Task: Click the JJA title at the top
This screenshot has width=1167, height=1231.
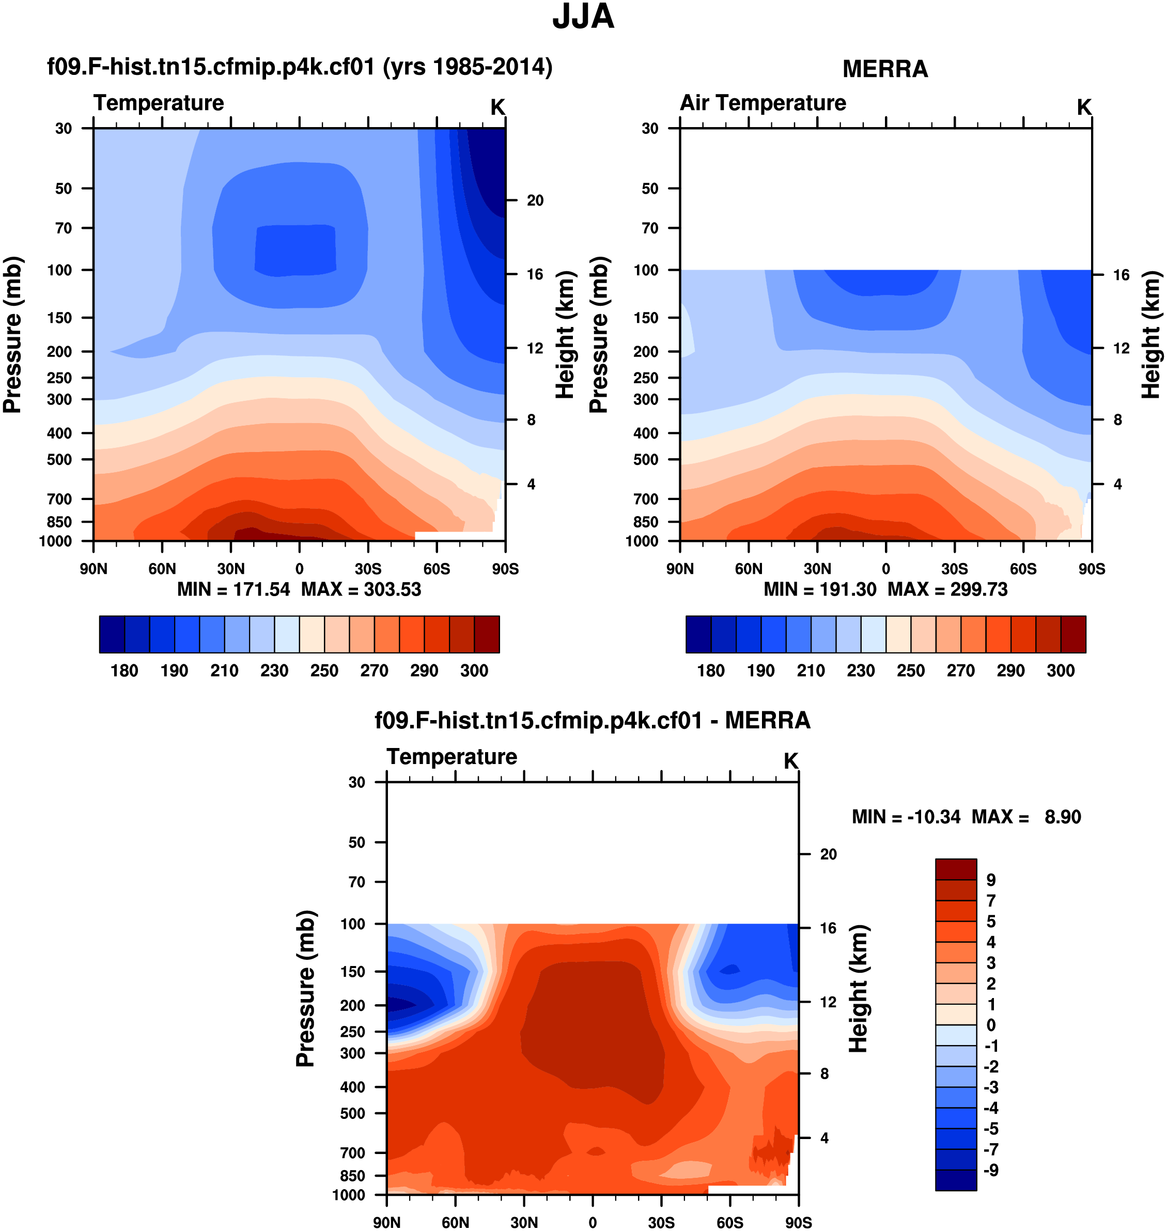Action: point(583,17)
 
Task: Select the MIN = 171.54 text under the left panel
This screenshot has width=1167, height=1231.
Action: point(234,589)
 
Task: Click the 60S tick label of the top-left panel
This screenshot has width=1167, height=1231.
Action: point(436,569)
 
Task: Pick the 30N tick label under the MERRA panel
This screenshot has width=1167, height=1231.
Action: point(817,569)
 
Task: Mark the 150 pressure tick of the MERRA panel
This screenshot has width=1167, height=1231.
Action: point(646,318)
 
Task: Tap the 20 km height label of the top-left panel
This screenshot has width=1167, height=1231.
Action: point(535,200)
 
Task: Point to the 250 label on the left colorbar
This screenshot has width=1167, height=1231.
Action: point(324,671)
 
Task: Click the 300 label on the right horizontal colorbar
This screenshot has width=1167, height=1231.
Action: point(1060,671)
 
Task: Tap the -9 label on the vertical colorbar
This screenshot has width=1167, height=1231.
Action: point(991,1170)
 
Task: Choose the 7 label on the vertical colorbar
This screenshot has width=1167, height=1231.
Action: point(991,901)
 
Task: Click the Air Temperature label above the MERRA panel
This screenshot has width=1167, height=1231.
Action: point(763,103)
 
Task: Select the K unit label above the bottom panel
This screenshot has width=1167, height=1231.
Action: point(790,761)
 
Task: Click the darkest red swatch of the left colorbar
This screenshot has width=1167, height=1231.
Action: point(487,634)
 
